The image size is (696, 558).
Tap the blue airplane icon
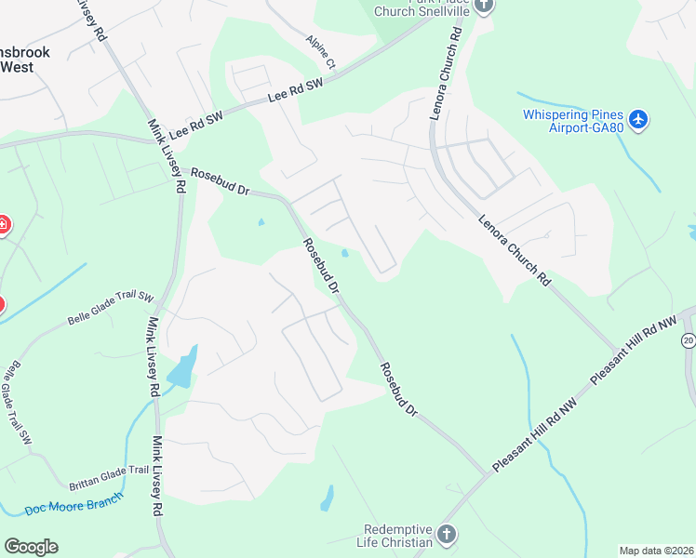coord(637,120)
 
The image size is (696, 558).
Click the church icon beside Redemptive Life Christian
coord(447,535)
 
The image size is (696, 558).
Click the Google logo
coord(31,546)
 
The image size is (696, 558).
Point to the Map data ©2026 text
coord(656,551)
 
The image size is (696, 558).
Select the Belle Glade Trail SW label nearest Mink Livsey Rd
coord(110,308)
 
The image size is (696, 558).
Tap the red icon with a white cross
coord(3,224)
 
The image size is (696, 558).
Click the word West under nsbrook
coord(17,67)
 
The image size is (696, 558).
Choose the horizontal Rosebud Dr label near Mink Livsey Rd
coord(221,181)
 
